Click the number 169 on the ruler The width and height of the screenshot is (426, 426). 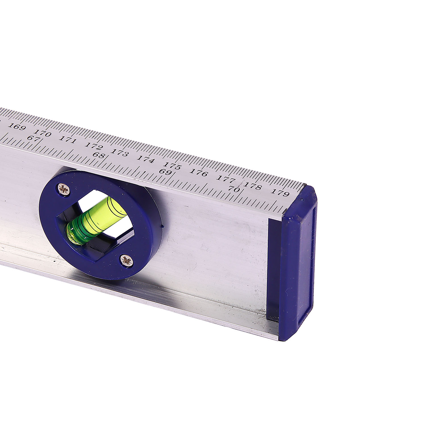[x=17, y=126]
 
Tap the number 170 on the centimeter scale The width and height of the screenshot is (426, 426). [x=42, y=133]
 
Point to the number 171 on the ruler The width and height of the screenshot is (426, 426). [x=68, y=140]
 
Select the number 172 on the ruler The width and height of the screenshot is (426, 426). [x=94, y=147]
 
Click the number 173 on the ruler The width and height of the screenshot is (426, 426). [x=120, y=153]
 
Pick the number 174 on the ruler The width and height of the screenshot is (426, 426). [x=146, y=159]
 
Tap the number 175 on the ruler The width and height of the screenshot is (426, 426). [x=172, y=166]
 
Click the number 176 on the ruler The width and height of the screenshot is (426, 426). [x=199, y=172]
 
